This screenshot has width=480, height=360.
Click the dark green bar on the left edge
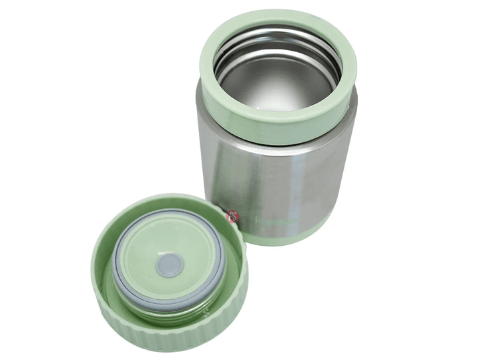pyautogui.click(x=29, y=180)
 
